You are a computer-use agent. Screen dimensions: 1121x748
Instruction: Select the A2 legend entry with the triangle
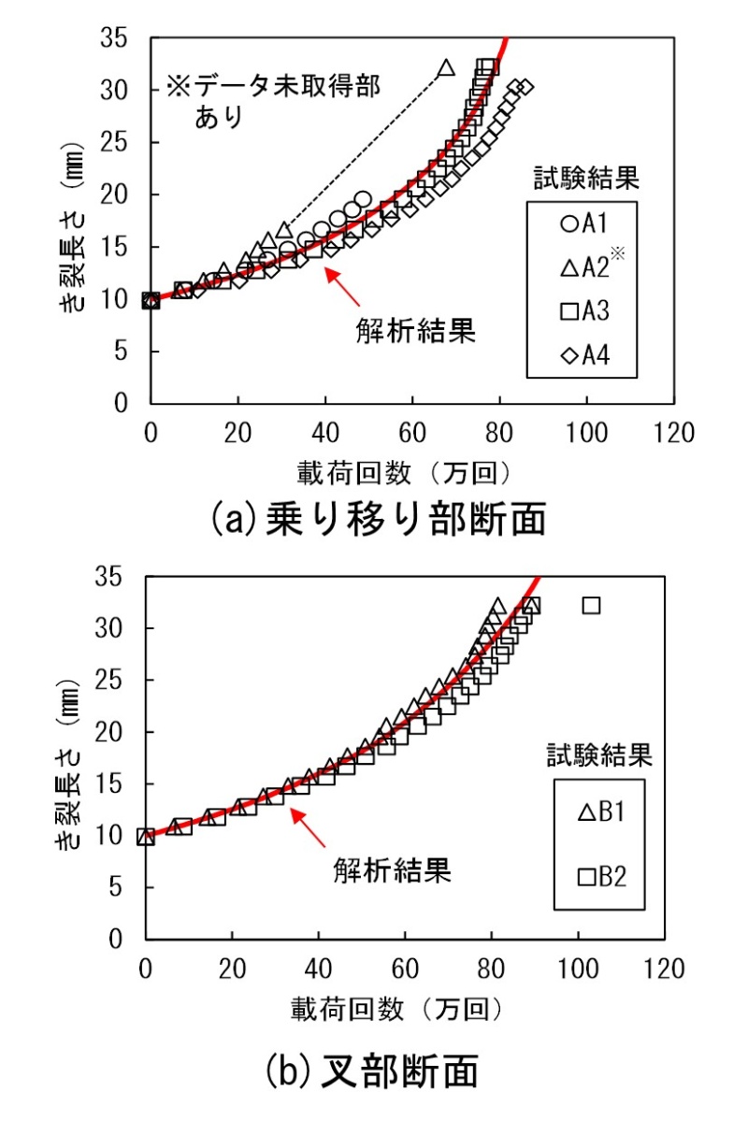[x=584, y=268]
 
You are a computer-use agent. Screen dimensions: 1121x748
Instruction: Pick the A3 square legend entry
[x=584, y=312]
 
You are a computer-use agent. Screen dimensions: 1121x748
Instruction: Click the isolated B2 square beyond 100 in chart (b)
[x=591, y=606]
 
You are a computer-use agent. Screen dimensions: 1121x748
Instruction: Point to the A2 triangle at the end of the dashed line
[x=446, y=68]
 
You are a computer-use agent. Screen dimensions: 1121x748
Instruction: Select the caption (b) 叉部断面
[x=372, y=1071]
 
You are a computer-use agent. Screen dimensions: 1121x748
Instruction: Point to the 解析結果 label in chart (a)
[x=416, y=330]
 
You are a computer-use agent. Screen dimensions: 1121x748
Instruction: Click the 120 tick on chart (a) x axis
[x=675, y=433]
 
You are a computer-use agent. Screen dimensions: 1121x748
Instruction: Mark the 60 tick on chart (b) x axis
[x=405, y=966]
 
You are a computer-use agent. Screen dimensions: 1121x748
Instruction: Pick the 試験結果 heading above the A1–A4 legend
[x=579, y=177]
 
